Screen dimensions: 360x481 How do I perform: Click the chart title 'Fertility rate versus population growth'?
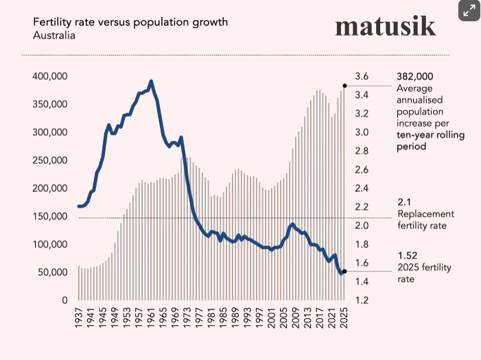pyautogui.click(x=130, y=22)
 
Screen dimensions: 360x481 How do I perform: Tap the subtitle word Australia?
pyautogui.click(x=54, y=34)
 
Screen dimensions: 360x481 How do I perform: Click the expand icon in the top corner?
pyautogui.click(x=469, y=10)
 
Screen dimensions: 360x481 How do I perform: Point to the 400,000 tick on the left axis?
pyautogui.click(x=49, y=76)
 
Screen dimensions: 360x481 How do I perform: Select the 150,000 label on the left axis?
pyautogui.click(x=49, y=217)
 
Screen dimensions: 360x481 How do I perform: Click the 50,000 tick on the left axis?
pyautogui.click(x=52, y=272)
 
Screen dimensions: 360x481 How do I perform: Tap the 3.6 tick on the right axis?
pyautogui.click(x=362, y=76)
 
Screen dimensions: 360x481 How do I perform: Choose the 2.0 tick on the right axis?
pyautogui.click(x=362, y=226)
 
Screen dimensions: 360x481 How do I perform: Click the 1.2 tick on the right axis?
pyautogui.click(x=362, y=300)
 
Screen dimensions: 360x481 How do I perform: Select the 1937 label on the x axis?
pyautogui.click(x=78, y=317)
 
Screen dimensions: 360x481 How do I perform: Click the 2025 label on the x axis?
pyautogui.click(x=344, y=317)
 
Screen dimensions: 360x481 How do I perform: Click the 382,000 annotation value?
pyautogui.click(x=415, y=76)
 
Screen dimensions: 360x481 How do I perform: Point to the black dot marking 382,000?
pyautogui.click(x=344, y=86)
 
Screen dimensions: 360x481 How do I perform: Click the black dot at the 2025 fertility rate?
pyautogui.click(x=344, y=272)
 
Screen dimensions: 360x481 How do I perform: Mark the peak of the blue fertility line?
pyautogui.click(x=151, y=81)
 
